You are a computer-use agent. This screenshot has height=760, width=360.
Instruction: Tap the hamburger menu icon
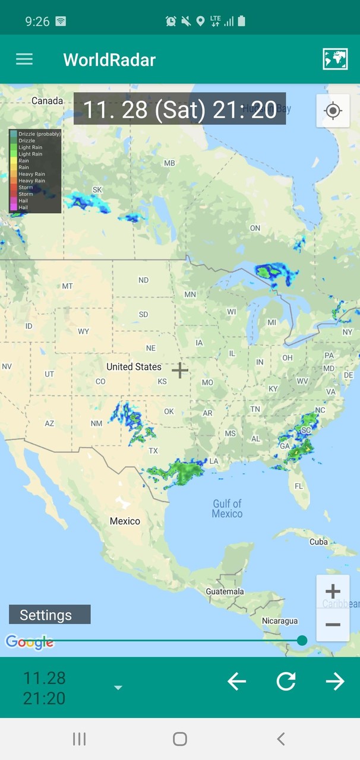24,59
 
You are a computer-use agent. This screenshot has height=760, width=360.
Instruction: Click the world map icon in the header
335,59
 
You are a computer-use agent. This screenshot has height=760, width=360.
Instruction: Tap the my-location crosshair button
333,110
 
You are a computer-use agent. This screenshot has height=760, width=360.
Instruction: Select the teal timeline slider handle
302,640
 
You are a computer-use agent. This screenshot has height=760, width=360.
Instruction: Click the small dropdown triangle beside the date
118,688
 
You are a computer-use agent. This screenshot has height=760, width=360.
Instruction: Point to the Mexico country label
125,521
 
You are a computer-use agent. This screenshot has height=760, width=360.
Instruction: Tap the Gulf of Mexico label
227,509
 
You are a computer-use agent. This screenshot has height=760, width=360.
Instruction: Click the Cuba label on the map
318,541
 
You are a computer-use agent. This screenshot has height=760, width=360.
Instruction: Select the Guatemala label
225,591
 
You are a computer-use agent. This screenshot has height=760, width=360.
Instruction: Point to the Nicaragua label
280,620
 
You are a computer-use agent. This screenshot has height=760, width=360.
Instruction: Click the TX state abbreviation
153,451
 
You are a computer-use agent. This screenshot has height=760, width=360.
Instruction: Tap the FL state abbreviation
298,486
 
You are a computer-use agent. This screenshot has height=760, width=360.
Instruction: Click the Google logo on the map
29,642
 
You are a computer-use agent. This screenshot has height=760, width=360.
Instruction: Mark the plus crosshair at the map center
180,370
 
